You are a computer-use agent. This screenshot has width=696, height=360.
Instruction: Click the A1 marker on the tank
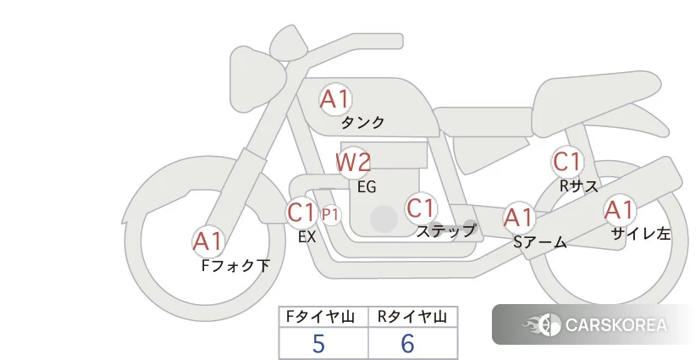335,99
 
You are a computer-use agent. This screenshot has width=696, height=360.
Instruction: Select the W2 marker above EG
353,163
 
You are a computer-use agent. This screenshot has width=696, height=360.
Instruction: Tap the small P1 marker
331,215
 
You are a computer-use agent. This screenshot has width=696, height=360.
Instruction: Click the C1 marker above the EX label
301,213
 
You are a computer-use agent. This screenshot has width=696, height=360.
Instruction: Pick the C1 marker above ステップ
420,208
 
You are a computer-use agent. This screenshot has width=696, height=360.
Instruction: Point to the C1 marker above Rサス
566,162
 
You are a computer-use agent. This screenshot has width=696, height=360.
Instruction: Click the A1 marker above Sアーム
519,218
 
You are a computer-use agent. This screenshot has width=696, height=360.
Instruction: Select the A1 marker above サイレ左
619,210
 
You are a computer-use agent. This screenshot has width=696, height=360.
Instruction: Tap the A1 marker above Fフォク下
207,242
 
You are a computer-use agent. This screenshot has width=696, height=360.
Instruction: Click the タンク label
362,123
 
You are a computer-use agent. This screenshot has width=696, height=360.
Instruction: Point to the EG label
367,187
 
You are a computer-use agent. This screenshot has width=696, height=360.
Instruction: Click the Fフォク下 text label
235,266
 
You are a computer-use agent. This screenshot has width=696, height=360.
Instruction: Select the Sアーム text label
540,242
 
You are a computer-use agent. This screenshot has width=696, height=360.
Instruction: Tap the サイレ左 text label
640,234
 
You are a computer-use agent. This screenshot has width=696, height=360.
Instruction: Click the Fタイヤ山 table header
320,317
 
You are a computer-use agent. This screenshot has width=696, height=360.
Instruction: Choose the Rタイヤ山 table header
412,317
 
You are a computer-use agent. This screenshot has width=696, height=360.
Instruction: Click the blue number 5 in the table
318,344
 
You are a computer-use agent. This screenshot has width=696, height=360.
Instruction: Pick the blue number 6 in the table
407,344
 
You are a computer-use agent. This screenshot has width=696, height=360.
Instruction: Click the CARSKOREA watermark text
616,325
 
